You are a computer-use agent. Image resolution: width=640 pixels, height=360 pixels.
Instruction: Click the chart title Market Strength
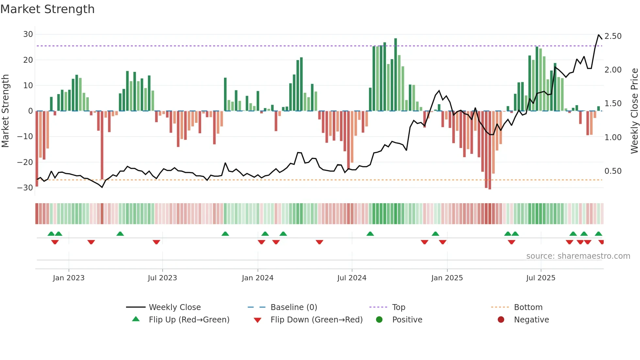[x=47, y=9]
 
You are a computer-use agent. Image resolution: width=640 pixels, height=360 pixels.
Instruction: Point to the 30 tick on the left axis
[x=28, y=34]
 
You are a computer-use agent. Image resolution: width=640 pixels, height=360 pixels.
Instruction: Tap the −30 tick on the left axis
[x=25, y=188]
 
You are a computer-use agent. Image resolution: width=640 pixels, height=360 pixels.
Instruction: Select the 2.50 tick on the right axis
[x=613, y=36]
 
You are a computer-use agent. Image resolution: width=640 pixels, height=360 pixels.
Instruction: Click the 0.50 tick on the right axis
[x=613, y=171]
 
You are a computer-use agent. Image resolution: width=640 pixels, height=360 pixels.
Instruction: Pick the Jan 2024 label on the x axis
[x=257, y=278]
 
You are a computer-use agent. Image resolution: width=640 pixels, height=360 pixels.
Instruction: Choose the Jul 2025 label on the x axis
[x=540, y=278]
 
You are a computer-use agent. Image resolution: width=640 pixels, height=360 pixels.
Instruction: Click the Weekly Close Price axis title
[x=634, y=111]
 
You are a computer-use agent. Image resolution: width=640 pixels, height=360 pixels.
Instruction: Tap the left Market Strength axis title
[x=5, y=111]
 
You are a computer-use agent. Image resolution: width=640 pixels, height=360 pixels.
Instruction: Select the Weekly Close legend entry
[x=174, y=307]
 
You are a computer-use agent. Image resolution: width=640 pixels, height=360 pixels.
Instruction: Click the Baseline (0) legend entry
[x=294, y=307]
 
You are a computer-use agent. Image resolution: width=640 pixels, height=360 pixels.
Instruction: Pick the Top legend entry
[x=398, y=307]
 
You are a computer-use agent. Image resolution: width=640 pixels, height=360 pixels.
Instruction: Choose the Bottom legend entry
[x=528, y=307]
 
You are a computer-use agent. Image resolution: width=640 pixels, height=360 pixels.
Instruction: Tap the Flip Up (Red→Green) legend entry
[x=189, y=320]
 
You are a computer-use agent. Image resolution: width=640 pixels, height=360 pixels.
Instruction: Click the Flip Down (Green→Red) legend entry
[x=316, y=320]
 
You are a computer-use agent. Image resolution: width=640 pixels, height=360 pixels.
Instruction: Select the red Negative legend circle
[x=501, y=319]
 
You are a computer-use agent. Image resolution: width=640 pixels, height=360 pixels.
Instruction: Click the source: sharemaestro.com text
[x=578, y=256]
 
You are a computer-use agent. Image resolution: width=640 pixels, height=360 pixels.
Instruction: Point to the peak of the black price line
[x=599, y=35]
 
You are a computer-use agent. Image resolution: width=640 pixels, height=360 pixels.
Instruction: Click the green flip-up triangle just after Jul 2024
[x=370, y=234]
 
